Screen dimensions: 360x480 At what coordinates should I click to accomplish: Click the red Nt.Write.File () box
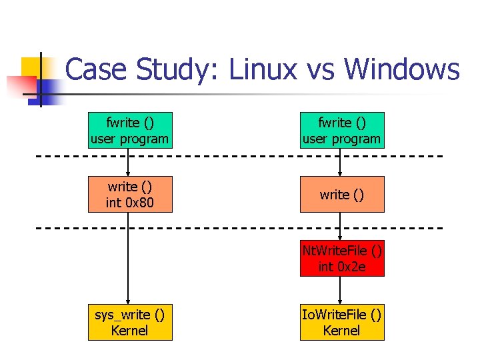tap(342, 259)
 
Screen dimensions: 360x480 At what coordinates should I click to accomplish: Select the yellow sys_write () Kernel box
tap(130, 322)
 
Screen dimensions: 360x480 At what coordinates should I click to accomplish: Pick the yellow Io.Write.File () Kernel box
tap(342, 322)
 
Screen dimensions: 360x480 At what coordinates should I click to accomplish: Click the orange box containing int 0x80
tap(130, 194)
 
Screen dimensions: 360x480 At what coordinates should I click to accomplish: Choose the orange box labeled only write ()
tap(342, 194)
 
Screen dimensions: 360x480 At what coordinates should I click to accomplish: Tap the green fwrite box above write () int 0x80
tap(130, 131)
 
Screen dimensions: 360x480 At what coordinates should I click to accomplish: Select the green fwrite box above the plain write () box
tap(342, 131)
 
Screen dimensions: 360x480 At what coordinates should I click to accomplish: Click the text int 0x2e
tap(342, 267)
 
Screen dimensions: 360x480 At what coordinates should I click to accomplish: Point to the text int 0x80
tap(130, 202)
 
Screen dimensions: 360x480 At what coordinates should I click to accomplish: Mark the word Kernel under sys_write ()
tap(130, 330)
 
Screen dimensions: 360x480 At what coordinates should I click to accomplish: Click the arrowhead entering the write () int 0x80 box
tap(129, 173)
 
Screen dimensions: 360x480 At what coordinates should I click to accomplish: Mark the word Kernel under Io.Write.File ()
tap(342, 330)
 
